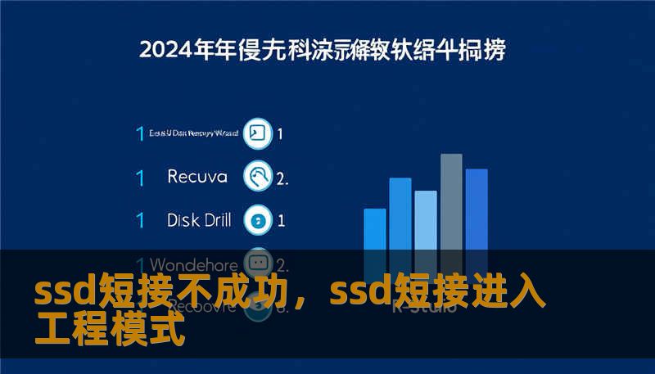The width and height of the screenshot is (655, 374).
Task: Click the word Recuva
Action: [x=196, y=176]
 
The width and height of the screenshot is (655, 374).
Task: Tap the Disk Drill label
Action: [x=199, y=219]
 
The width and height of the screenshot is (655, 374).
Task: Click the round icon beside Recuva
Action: [x=259, y=176]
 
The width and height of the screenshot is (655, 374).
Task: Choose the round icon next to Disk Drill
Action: [x=259, y=219]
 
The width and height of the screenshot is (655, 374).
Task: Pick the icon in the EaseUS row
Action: [x=259, y=133]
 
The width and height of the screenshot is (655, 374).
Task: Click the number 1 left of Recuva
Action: [x=140, y=177]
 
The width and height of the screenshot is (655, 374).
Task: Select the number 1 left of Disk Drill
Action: [x=140, y=220]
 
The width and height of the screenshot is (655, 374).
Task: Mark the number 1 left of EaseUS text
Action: [x=140, y=133]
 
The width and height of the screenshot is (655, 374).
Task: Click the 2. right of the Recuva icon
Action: [x=282, y=178]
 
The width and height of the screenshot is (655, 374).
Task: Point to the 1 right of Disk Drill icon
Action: [x=281, y=220]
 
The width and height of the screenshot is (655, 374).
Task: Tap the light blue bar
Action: [x=426, y=221]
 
